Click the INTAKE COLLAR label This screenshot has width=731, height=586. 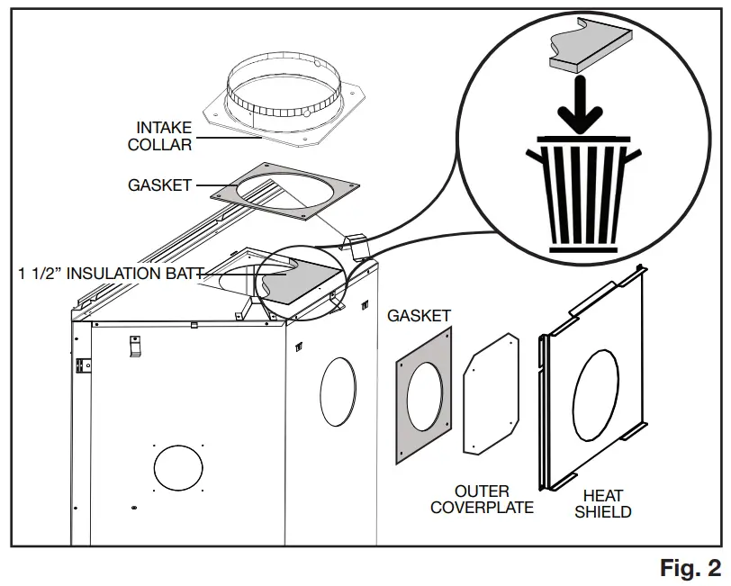point(164,135)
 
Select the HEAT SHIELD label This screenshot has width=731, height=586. point(602,503)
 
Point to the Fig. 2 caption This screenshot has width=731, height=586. point(690,568)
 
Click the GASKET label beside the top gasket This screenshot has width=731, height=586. point(160,185)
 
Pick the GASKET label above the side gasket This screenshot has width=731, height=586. point(419,316)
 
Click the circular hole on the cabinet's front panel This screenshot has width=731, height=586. point(178,468)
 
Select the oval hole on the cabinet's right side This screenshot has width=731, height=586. point(335,390)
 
